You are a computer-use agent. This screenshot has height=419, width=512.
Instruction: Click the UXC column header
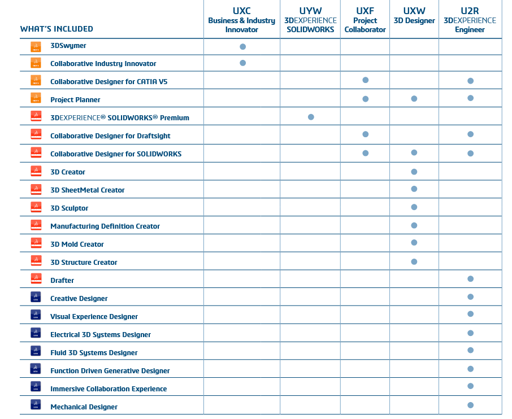241,20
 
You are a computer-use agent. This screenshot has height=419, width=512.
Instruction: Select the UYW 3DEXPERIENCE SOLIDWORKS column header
310,20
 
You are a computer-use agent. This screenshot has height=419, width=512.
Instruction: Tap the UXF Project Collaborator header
365,20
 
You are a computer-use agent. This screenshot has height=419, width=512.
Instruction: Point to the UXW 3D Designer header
414,16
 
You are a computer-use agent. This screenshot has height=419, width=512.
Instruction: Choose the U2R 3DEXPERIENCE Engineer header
470,20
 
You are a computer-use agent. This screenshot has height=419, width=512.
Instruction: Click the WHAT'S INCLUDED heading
57,29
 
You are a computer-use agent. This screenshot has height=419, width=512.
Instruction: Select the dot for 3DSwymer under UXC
243,46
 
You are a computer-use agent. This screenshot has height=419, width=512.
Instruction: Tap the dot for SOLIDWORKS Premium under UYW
311,117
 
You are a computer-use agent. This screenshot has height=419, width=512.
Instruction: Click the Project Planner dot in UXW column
414,99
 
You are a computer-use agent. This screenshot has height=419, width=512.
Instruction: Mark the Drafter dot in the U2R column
470,279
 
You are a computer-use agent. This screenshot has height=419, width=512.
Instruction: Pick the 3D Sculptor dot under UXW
414,207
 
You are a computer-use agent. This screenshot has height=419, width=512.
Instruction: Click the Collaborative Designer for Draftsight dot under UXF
366,134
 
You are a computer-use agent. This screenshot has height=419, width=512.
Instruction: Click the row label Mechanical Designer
84,407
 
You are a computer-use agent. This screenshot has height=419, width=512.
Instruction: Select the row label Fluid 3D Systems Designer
94,353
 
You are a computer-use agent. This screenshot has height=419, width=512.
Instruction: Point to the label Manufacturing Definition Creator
105,226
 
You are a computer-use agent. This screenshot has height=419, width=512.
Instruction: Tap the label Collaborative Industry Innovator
103,64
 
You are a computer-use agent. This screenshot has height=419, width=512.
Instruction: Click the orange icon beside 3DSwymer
36,46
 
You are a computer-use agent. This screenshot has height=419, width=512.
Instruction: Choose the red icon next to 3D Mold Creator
36,244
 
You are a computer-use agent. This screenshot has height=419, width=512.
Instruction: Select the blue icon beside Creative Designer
36,298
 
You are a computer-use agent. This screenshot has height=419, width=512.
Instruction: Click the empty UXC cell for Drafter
242,280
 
